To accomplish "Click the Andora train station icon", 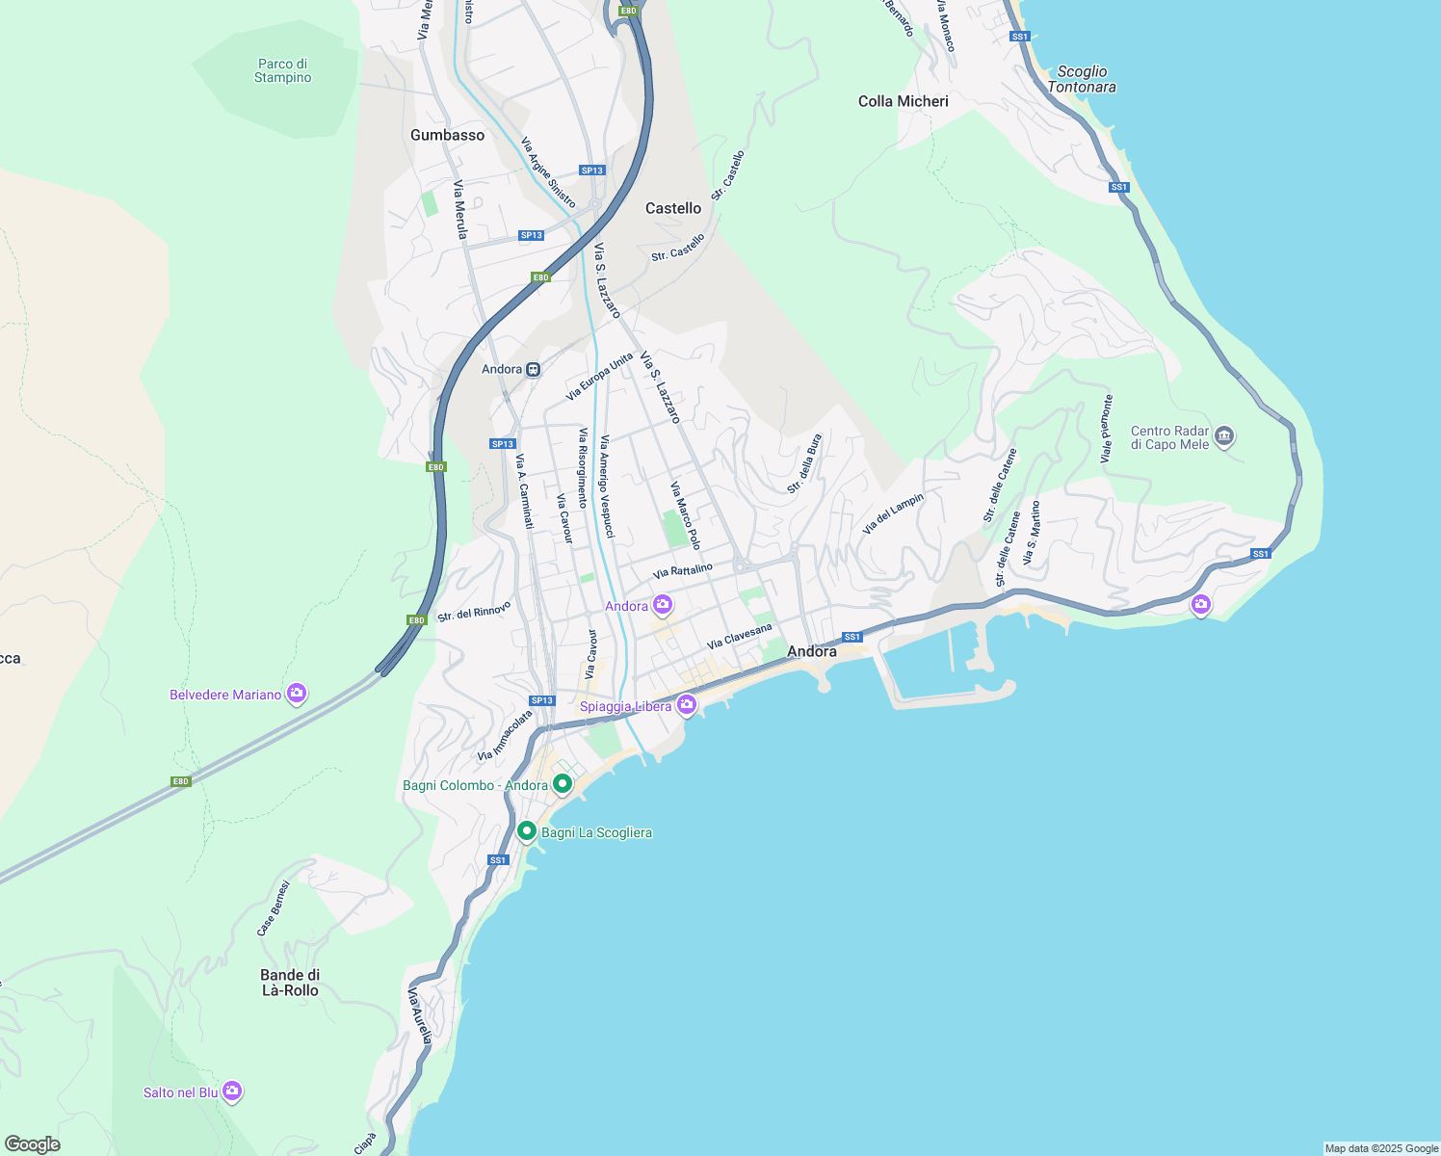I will coord(533,370).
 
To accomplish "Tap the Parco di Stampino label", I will coord(282,71).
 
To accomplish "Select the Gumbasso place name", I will coord(447,136).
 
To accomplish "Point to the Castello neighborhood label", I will coord(673,208).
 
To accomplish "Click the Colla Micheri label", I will coord(903,101).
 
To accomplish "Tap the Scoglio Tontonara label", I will coord(1082,79).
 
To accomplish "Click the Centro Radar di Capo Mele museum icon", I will coord(1224,436).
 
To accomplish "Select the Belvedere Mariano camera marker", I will coord(297,694).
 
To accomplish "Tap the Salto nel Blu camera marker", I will coord(232,1091).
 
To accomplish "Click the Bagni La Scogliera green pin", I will coord(527,831).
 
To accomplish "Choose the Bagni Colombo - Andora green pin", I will coord(563,784).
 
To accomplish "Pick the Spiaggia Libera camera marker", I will coord(687,705).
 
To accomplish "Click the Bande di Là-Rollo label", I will coord(290,983).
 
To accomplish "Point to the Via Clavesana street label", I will coord(739,637).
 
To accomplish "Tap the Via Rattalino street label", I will coord(682,571).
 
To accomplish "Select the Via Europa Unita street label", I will coord(599,377).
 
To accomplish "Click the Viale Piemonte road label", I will coord(1107,429).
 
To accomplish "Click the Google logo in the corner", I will coord(33,1144).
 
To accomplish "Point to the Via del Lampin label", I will coord(893,513).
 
